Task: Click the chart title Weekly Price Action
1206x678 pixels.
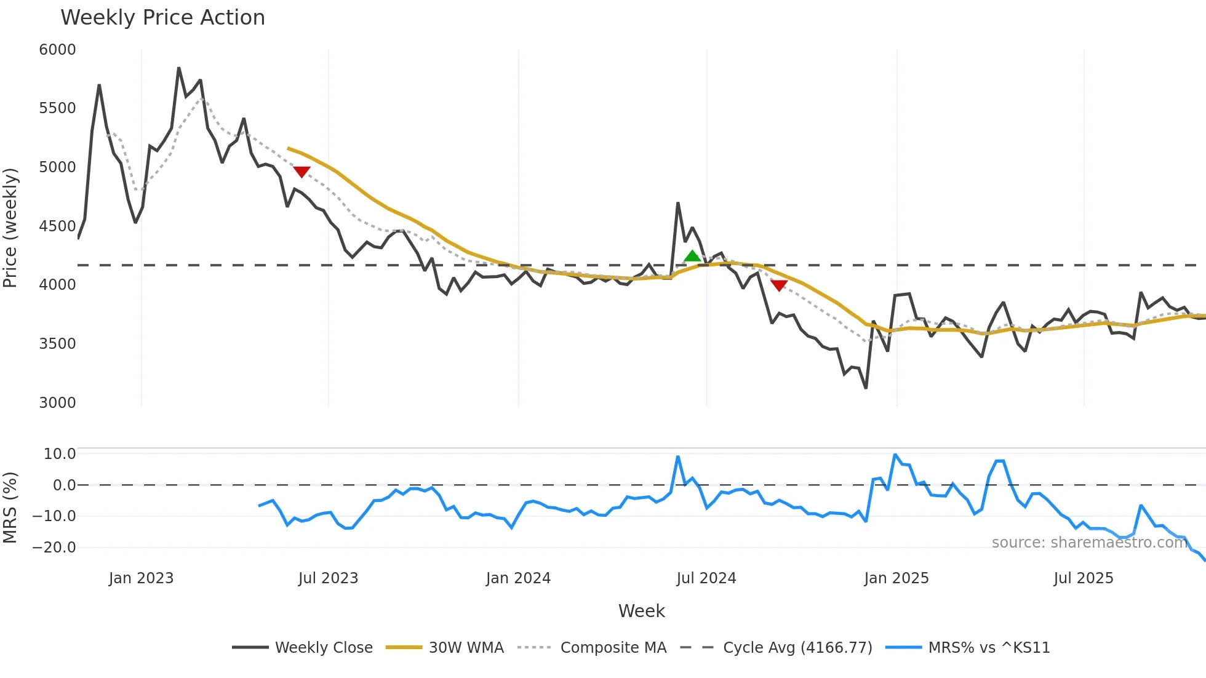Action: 162,18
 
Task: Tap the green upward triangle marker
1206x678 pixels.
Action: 692,256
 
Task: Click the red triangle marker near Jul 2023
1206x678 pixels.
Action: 301,172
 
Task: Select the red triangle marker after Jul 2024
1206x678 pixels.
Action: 779,285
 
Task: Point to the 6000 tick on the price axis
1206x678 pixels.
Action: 57,50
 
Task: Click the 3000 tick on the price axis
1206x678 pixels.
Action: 57,403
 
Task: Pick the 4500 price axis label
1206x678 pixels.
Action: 57,226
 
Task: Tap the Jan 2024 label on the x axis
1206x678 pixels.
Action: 518,578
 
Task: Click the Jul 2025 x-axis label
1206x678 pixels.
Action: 1084,578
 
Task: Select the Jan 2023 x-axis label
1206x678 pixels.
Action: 141,578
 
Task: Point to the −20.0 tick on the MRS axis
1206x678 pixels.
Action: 54,548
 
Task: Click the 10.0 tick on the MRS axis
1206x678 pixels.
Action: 59,454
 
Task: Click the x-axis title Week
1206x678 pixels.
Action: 641,611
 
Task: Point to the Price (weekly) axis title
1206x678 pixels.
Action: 10,228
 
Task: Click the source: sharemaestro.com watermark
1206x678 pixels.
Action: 1089,543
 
